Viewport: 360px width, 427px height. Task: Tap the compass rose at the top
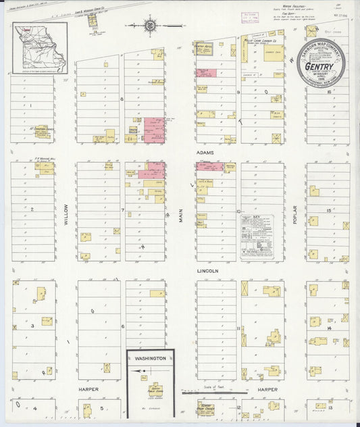tap(149, 26)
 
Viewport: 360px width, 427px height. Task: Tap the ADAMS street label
tap(205, 153)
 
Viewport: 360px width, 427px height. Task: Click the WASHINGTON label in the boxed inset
tap(151, 358)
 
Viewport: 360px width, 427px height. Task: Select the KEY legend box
tap(257, 236)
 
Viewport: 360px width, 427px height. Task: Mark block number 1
tap(31, 105)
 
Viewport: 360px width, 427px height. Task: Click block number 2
tap(32, 209)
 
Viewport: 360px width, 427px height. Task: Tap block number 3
tap(32, 326)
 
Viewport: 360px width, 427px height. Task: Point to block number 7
tap(122, 210)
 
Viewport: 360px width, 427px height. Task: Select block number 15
tap(329, 210)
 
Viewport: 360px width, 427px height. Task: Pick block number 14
tap(329, 328)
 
